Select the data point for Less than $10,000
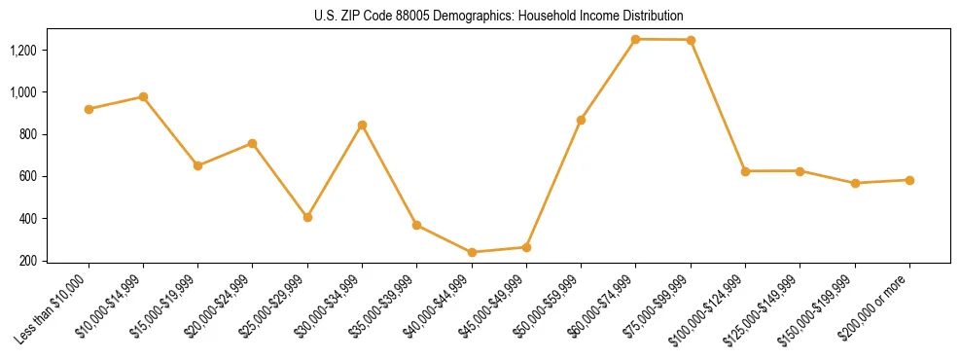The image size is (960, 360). pyautogui.click(x=89, y=109)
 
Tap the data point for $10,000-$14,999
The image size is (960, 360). pyautogui.click(x=143, y=96)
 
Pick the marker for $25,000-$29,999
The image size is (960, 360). pyautogui.click(x=307, y=217)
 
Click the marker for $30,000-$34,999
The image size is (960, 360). pyautogui.click(x=362, y=125)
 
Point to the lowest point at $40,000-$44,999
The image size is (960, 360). pyautogui.click(x=472, y=252)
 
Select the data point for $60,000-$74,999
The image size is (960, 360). pyautogui.click(x=635, y=39)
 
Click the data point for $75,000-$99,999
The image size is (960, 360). pyautogui.click(x=691, y=40)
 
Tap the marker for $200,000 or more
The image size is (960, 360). pyautogui.click(x=909, y=180)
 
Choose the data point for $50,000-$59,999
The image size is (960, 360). pyautogui.click(x=581, y=120)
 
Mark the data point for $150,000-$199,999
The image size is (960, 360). pyautogui.click(x=855, y=183)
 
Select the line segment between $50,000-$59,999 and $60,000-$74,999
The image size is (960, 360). pyautogui.click(x=608, y=80)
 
